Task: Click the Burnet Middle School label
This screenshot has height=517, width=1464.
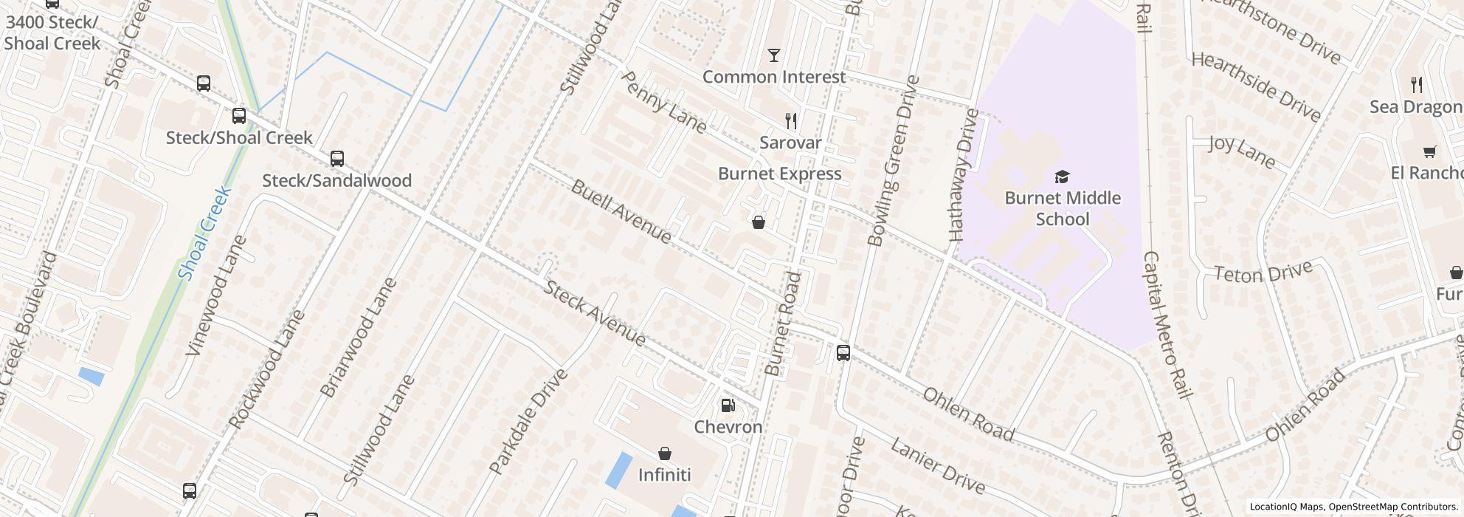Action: tap(1063, 208)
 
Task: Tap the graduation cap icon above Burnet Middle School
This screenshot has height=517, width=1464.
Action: tap(1062, 177)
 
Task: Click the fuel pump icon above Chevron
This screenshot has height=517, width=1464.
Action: tap(728, 405)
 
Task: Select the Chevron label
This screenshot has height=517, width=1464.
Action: tap(728, 427)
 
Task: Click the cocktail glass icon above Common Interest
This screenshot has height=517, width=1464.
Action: tap(773, 55)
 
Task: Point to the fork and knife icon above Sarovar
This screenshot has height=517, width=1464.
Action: tap(790, 121)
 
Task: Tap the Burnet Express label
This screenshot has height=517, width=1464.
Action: tap(779, 174)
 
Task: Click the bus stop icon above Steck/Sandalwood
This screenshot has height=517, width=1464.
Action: tap(337, 159)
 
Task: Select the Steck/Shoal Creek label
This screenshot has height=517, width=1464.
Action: tap(239, 137)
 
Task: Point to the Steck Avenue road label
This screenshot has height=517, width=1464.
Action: tap(595, 313)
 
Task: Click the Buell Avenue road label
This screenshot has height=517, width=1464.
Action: tap(621, 211)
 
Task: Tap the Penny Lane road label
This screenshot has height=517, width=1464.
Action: tap(664, 102)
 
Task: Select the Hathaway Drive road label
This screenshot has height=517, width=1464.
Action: tap(964, 175)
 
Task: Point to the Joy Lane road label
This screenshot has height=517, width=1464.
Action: tap(1242, 150)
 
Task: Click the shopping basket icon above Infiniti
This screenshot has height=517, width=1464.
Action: tap(664, 453)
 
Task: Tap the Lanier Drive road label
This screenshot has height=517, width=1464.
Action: tap(937, 465)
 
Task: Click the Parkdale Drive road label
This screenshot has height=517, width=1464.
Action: tap(528, 421)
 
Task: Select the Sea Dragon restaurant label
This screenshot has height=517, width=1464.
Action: tap(1415, 107)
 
